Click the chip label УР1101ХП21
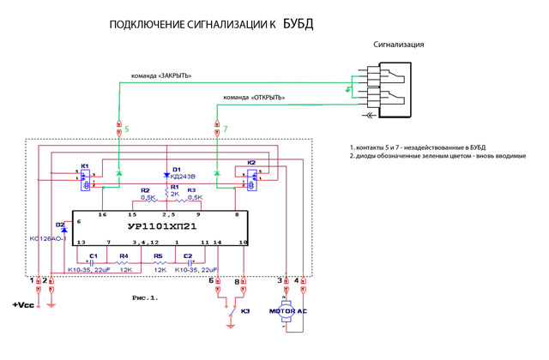point(161,227)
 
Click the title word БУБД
point(298,24)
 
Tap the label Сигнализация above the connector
point(398,45)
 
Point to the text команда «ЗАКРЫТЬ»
point(160,75)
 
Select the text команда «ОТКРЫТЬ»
point(254,98)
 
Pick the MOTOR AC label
point(288,311)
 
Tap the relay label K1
point(84,165)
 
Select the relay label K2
point(251,163)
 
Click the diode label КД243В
point(184,177)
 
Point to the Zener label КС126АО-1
point(48,239)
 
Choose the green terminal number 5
point(126,129)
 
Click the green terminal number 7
point(225,129)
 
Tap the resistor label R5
point(158,256)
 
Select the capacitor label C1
point(94,256)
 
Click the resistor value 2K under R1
point(174,194)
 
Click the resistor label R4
point(124,256)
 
